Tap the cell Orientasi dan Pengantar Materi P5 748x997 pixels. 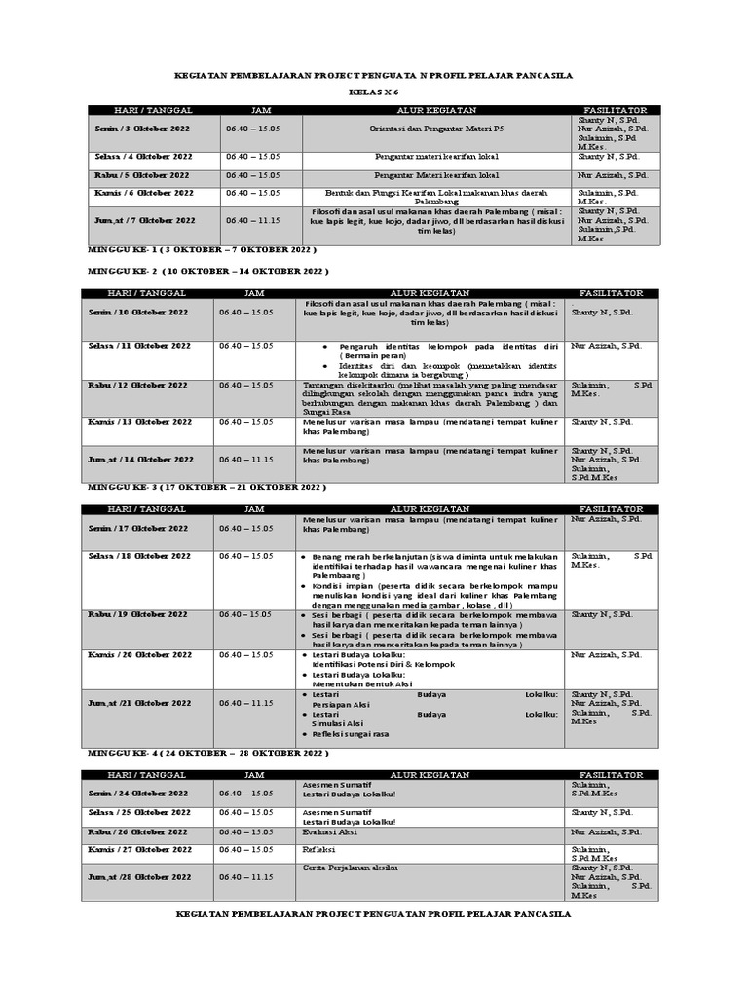coord(435,129)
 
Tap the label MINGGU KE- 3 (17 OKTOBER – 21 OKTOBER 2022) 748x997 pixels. coord(206,487)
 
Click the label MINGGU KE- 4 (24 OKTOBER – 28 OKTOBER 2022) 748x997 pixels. coord(207,754)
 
